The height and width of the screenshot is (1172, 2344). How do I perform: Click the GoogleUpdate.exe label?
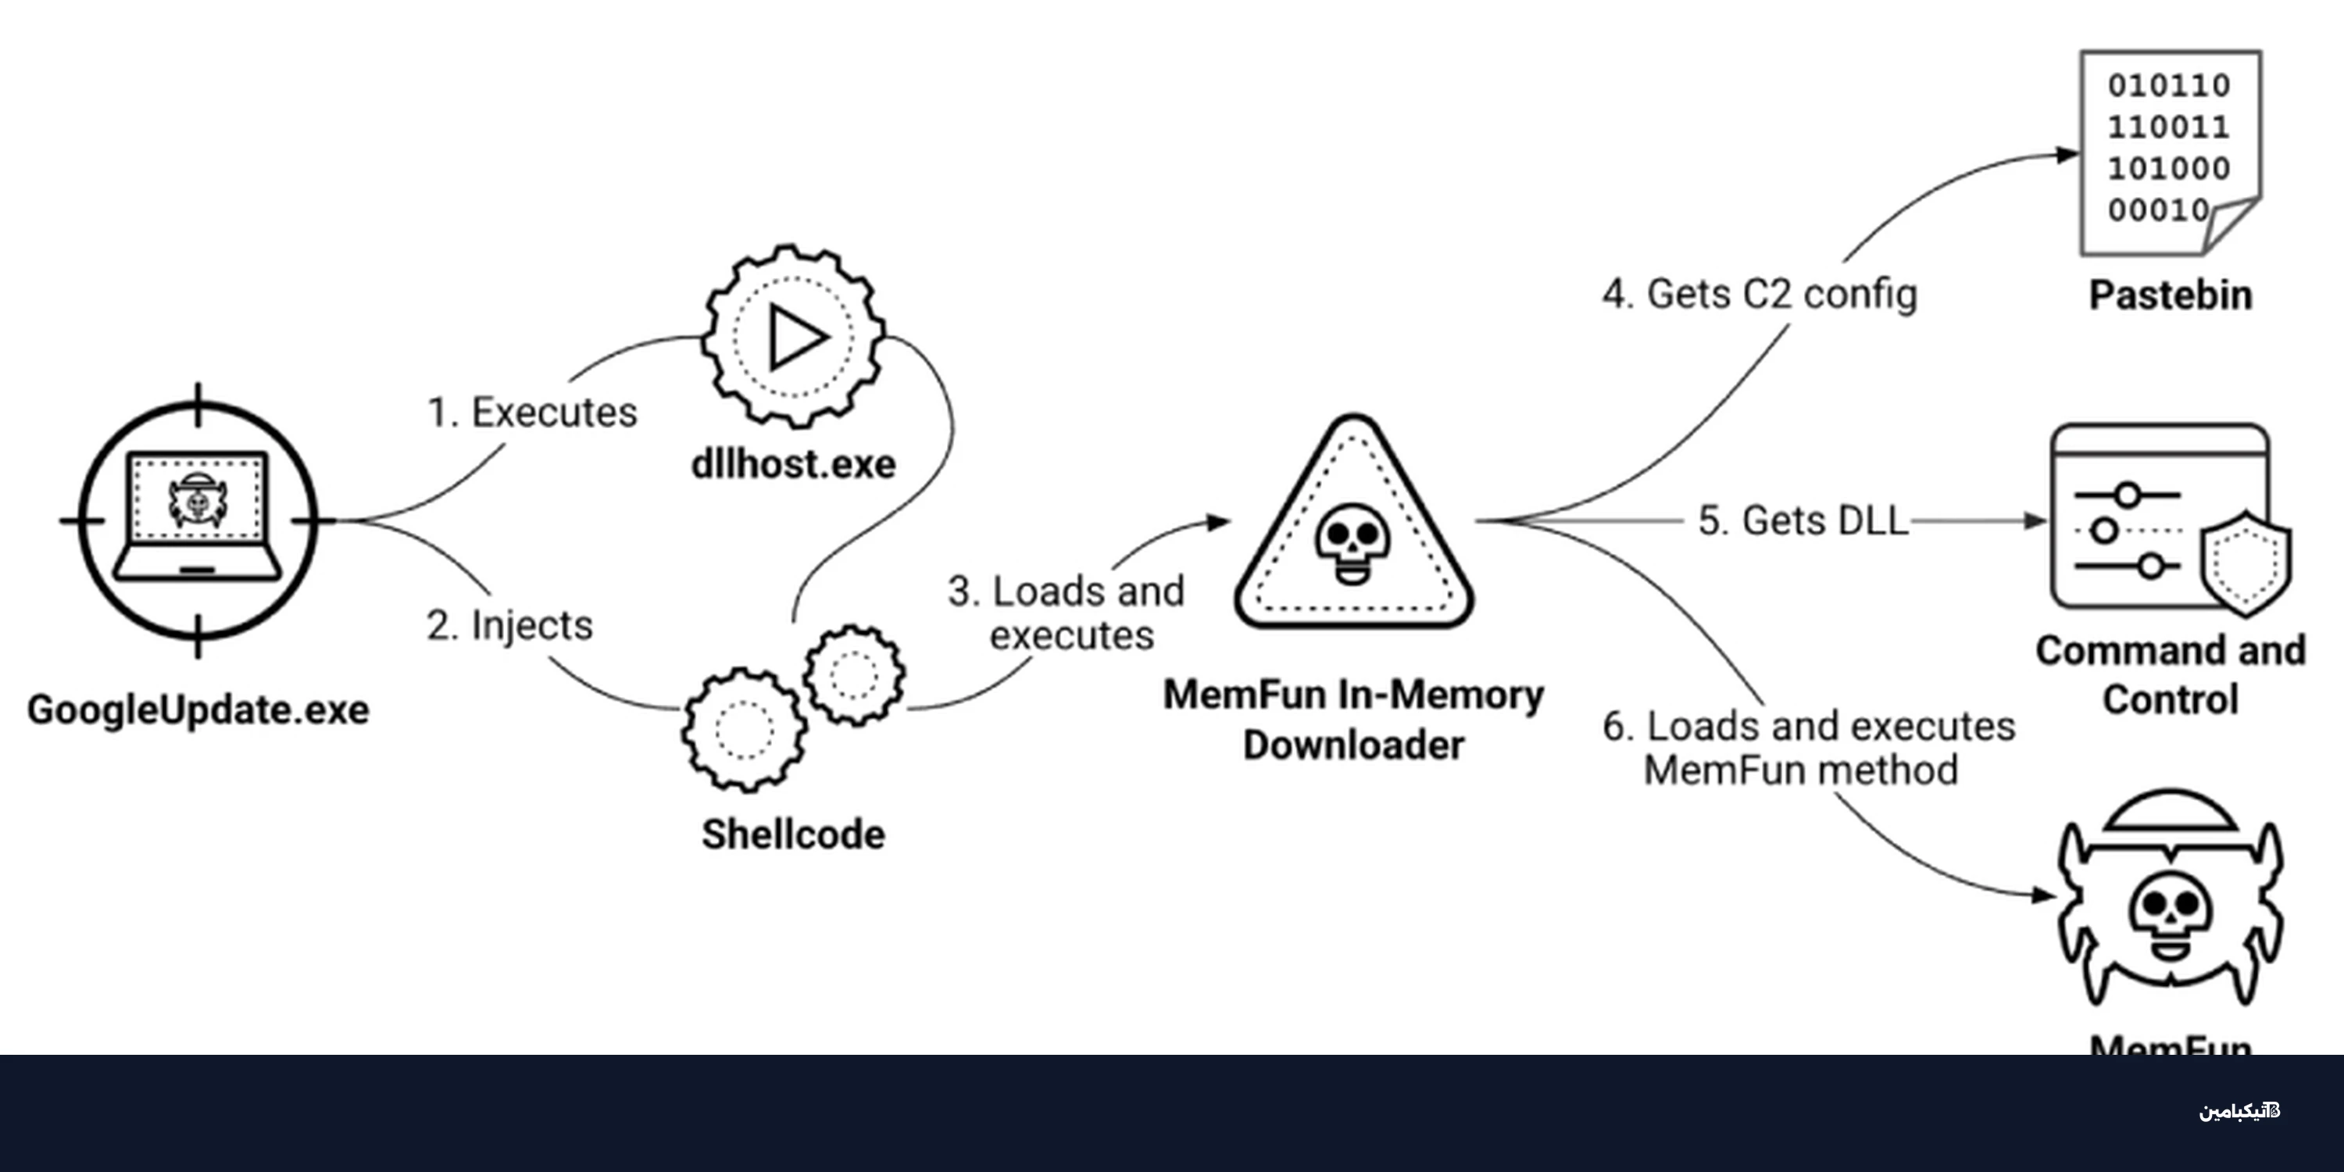(x=198, y=709)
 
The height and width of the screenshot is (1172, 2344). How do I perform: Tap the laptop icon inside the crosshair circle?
(x=198, y=516)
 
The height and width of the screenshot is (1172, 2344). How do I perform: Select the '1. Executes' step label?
(x=532, y=413)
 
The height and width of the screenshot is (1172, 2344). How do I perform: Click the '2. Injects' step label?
(x=509, y=625)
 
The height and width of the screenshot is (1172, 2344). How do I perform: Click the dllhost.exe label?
(x=794, y=464)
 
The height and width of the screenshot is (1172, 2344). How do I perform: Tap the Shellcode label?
(x=794, y=834)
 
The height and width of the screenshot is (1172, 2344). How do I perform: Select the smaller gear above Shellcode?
(x=853, y=674)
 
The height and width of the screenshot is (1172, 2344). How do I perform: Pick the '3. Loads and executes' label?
(x=1067, y=613)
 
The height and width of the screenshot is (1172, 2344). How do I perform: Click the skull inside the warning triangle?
(x=1353, y=543)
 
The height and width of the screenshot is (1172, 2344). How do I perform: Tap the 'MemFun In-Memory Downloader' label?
(x=1354, y=720)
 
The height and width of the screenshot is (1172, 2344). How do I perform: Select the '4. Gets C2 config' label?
(x=1760, y=294)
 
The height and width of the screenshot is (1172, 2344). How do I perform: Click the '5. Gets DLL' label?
(x=1802, y=520)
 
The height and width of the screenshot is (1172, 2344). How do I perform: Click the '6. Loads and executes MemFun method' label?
(x=1809, y=748)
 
